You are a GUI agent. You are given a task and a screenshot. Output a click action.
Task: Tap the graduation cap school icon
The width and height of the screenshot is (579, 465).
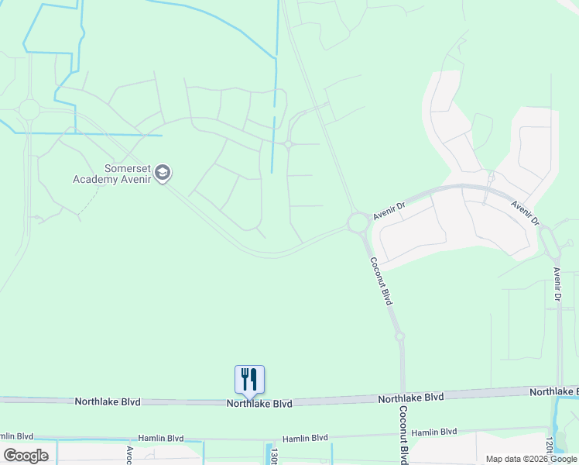(x=163, y=173)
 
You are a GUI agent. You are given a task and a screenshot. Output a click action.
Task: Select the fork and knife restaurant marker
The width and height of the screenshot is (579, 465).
(x=249, y=379)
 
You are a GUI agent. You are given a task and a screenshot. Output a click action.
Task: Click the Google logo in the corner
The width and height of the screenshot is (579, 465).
(x=26, y=456)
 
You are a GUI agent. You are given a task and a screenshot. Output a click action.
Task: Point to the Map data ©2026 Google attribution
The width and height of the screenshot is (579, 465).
(x=530, y=459)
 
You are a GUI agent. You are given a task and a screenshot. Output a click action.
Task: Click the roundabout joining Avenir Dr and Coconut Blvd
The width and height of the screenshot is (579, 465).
(x=358, y=223)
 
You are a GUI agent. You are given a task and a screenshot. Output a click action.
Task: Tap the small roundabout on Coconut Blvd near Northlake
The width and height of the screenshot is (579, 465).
(x=399, y=336)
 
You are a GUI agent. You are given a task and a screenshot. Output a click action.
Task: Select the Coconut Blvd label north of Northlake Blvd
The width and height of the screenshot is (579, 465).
(x=381, y=281)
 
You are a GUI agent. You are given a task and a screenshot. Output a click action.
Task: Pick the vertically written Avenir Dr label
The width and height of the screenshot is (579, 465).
(x=557, y=284)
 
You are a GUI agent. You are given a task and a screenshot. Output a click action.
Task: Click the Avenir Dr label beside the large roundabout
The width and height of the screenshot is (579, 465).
(x=389, y=212)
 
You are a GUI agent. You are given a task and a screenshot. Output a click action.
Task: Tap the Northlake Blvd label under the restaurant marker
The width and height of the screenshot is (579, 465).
(x=259, y=404)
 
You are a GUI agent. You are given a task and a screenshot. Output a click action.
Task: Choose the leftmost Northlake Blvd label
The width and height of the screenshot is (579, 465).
(x=107, y=401)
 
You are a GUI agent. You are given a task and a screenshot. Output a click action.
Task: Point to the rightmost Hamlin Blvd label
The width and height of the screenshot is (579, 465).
(x=434, y=432)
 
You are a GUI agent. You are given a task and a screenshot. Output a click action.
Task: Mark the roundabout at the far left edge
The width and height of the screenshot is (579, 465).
(x=29, y=110)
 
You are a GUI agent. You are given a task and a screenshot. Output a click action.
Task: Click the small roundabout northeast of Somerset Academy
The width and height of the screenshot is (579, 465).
(x=288, y=144)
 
